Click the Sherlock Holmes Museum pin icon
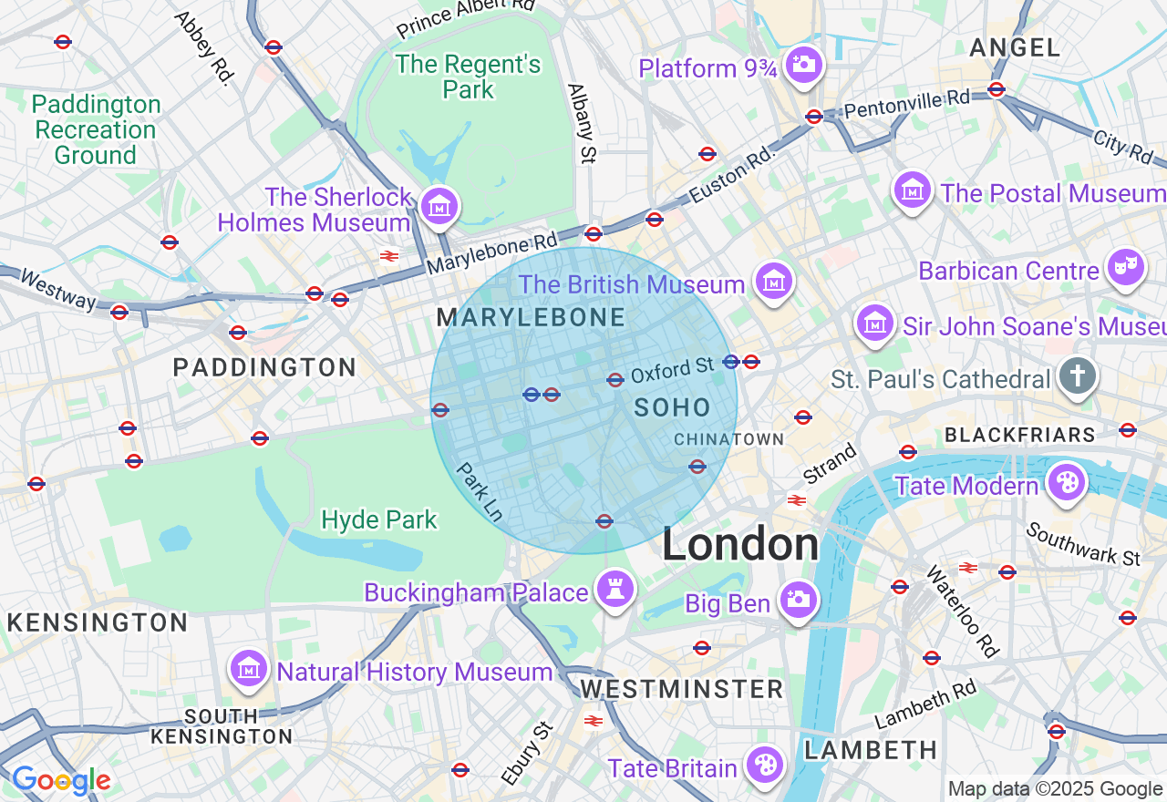point(440,206)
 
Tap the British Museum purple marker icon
point(774,282)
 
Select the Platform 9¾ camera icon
point(804,65)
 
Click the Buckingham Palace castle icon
point(614,589)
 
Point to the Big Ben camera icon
point(799,600)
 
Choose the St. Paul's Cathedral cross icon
point(1078,376)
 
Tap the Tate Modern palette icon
point(1065,482)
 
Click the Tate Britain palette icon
point(764,766)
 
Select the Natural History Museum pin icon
point(248,670)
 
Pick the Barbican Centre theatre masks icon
point(1126,268)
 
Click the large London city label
point(740,545)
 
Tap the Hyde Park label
point(379,520)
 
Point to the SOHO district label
point(673,407)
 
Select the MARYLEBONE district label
point(531,318)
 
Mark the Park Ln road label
point(480,491)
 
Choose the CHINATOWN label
point(728,439)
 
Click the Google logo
point(61,780)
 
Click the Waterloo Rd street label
point(963,611)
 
